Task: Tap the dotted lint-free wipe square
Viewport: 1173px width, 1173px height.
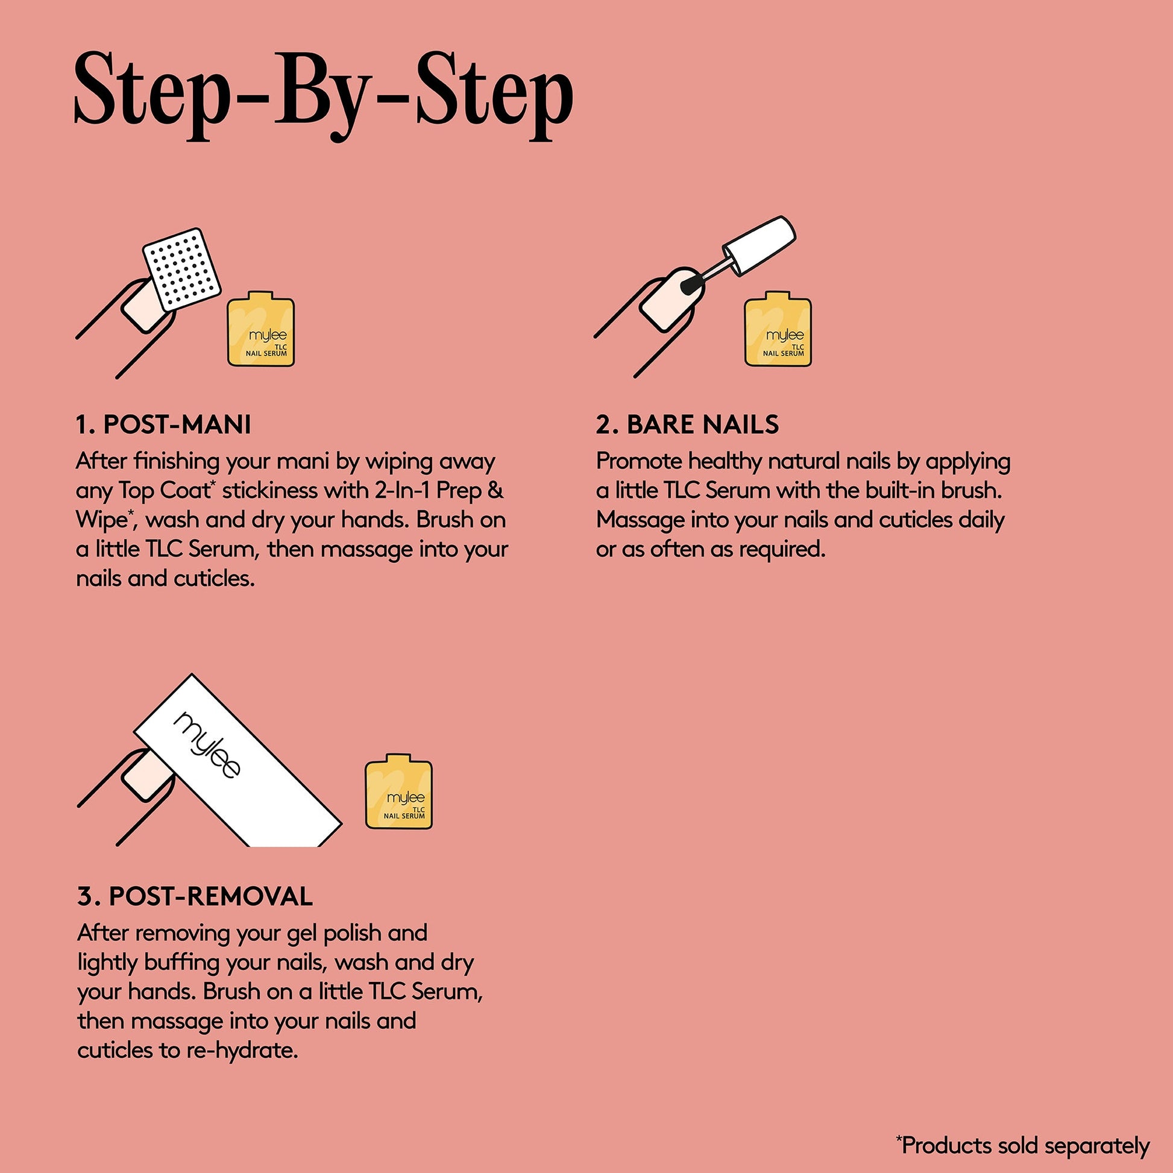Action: point(181,268)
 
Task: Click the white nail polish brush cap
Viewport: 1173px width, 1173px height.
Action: point(759,245)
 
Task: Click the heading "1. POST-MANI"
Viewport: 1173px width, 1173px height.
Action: point(163,425)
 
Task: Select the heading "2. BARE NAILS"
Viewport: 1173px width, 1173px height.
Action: point(687,425)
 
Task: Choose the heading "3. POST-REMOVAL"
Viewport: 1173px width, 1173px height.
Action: point(195,896)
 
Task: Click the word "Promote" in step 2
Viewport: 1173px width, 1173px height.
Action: point(640,462)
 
